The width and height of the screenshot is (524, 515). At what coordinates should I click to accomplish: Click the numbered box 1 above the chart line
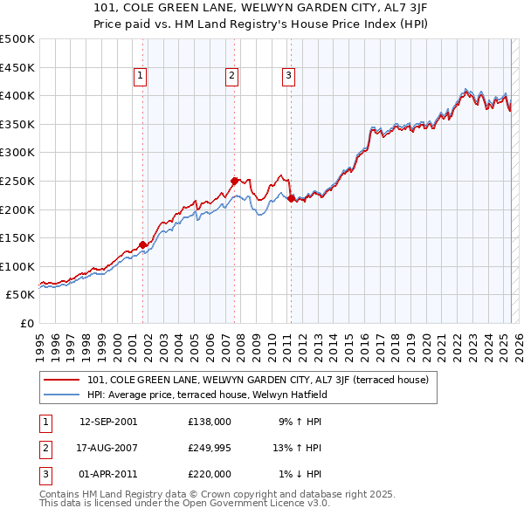tap(140, 77)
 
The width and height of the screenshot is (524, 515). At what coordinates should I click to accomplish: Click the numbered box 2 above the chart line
tap(231, 77)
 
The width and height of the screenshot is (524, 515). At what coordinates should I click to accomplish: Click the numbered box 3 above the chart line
tap(288, 77)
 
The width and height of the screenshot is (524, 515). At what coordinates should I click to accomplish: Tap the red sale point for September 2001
tap(142, 244)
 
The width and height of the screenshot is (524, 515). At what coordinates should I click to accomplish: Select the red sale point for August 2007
tap(234, 181)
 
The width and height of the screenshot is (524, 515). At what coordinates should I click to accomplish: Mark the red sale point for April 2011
tap(291, 198)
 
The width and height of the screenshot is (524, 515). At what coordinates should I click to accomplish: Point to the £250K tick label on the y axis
tap(17, 181)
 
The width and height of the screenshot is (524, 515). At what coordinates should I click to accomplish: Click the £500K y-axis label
tap(17, 39)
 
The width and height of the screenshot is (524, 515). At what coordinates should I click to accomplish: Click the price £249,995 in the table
tap(210, 448)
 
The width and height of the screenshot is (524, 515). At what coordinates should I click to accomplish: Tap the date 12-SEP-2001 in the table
tap(108, 422)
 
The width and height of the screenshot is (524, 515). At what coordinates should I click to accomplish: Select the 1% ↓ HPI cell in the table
tap(300, 474)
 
